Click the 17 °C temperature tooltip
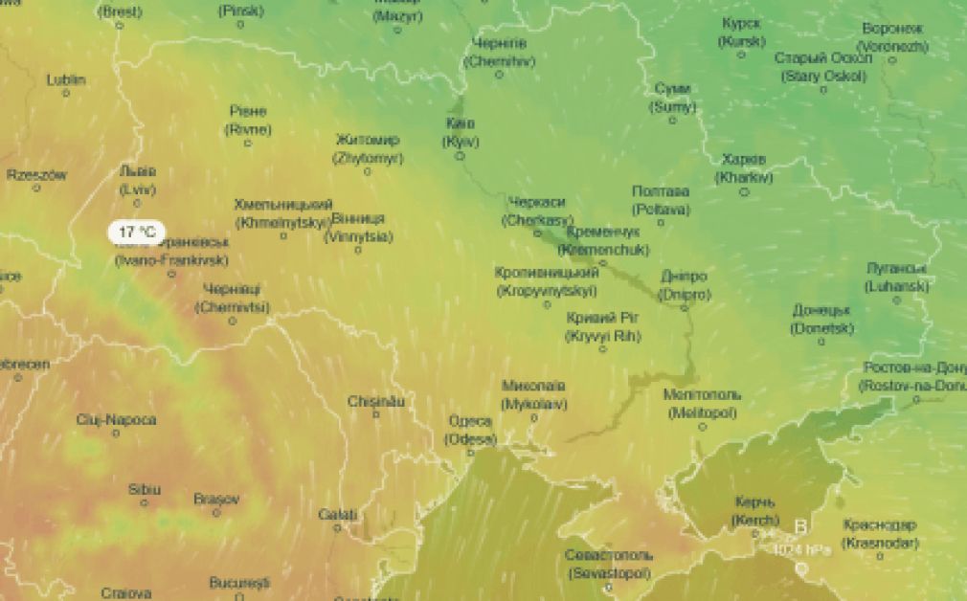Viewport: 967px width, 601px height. point(135,232)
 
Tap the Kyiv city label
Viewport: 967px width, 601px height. point(461,133)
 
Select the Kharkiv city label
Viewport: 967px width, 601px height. point(744,167)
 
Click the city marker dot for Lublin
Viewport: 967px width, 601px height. point(66,93)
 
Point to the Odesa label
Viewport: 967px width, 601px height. point(470,431)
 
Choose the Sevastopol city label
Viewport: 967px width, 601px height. point(608,564)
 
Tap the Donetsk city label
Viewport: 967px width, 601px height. point(821,319)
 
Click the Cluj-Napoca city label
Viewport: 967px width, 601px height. point(116,419)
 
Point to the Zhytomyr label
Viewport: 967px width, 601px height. point(368,149)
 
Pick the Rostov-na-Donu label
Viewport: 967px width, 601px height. point(914,376)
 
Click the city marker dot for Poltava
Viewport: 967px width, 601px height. point(660,222)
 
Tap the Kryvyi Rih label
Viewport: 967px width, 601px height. point(603,326)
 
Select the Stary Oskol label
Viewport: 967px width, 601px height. point(823,67)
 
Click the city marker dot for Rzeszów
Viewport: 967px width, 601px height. point(37,188)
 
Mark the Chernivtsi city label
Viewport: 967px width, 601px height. point(232,298)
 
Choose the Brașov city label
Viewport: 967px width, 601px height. point(216,499)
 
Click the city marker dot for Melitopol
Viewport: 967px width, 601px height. point(702,426)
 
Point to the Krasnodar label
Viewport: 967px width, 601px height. point(880,534)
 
